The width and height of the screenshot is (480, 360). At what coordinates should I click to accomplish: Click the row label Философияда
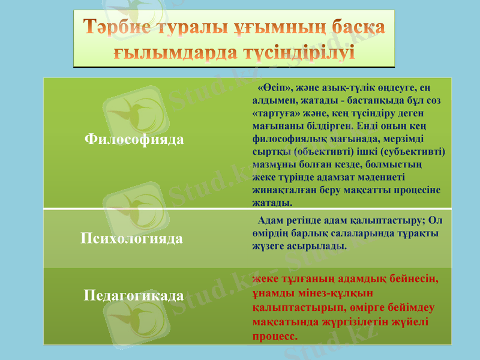pos(134,139)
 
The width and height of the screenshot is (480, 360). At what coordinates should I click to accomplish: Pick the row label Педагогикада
pos(133,296)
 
